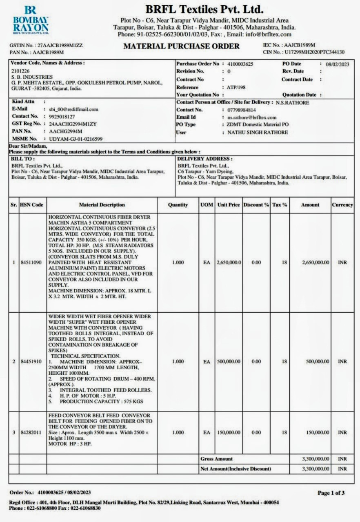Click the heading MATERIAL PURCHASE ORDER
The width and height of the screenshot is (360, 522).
(x=181, y=46)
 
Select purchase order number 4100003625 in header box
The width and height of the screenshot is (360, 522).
(x=240, y=64)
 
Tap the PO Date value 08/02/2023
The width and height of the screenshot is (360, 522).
(x=338, y=64)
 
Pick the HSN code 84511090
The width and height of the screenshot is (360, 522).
(x=31, y=263)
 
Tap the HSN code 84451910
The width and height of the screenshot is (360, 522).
(x=31, y=362)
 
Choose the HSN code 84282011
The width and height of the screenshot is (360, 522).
(x=31, y=433)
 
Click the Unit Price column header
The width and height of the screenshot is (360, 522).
(x=229, y=205)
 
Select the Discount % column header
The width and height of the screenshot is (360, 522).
(x=256, y=205)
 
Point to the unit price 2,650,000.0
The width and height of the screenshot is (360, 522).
(x=229, y=263)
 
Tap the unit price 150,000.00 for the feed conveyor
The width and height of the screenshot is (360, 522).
(x=229, y=433)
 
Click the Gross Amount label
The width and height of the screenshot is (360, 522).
(x=217, y=459)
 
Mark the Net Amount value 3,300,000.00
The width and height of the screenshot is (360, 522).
(x=316, y=469)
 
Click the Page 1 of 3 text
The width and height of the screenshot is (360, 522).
(x=331, y=493)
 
